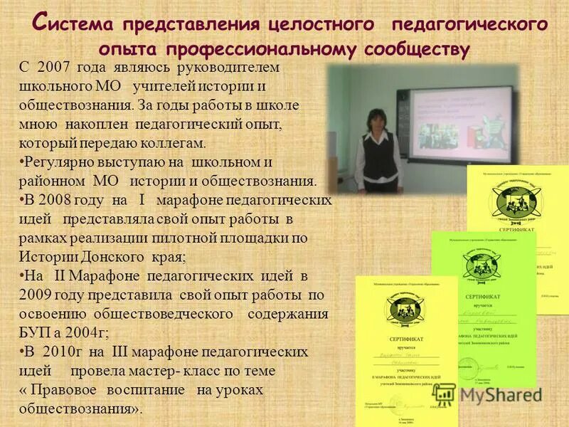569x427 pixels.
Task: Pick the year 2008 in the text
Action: tap(59, 200)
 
